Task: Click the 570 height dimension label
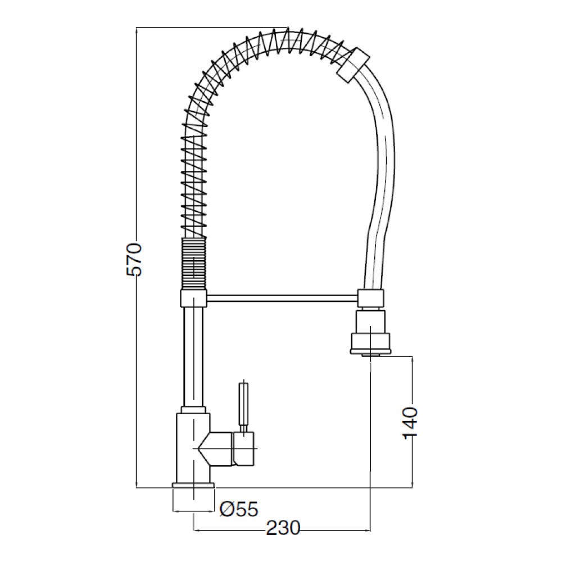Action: pos(135,259)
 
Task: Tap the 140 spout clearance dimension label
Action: pos(411,423)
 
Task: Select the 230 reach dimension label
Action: pos(283,528)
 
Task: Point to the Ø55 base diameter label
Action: pos(239,509)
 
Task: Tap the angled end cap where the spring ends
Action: pos(352,64)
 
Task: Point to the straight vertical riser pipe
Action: pos(193,354)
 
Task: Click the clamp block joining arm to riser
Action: pos(194,298)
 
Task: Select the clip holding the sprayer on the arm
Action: pos(371,298)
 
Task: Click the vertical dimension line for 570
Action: pos(138,365)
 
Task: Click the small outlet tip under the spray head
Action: pos(371,354)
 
